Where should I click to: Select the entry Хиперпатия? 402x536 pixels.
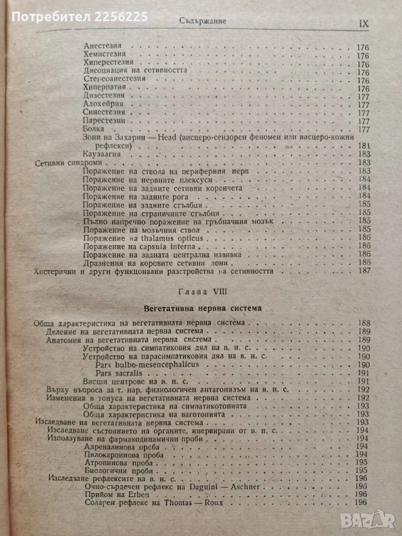click(x=105, y=88)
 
